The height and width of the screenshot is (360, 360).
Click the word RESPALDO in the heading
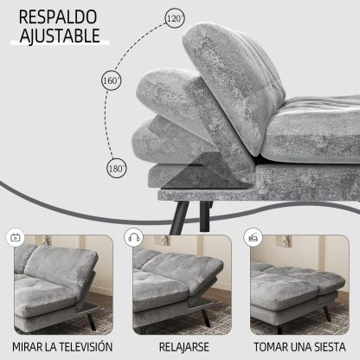[x=58, y=17]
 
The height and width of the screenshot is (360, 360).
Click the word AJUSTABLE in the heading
[x=60, y=35]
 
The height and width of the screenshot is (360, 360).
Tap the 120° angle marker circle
[x=175, y=18]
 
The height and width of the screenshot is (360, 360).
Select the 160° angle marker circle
[x=112, y=80]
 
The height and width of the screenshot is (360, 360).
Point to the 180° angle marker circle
[x=117, y=168]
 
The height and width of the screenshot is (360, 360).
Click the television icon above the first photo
[x=16, y=238]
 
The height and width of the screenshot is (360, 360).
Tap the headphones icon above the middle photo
[x=134, y=238]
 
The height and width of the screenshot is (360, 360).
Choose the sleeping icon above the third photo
[x=253, y=237]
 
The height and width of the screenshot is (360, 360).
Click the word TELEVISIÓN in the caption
[x=85, y=347]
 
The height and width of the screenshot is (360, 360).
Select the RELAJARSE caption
[x=184, y=347]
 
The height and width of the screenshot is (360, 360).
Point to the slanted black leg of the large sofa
[x=179, y=217]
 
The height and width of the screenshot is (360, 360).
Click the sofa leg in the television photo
[x=91, y=322]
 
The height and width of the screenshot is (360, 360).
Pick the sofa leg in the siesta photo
[x=327, y=313]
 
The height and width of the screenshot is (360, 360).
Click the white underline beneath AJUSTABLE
[x=60, y=42]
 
